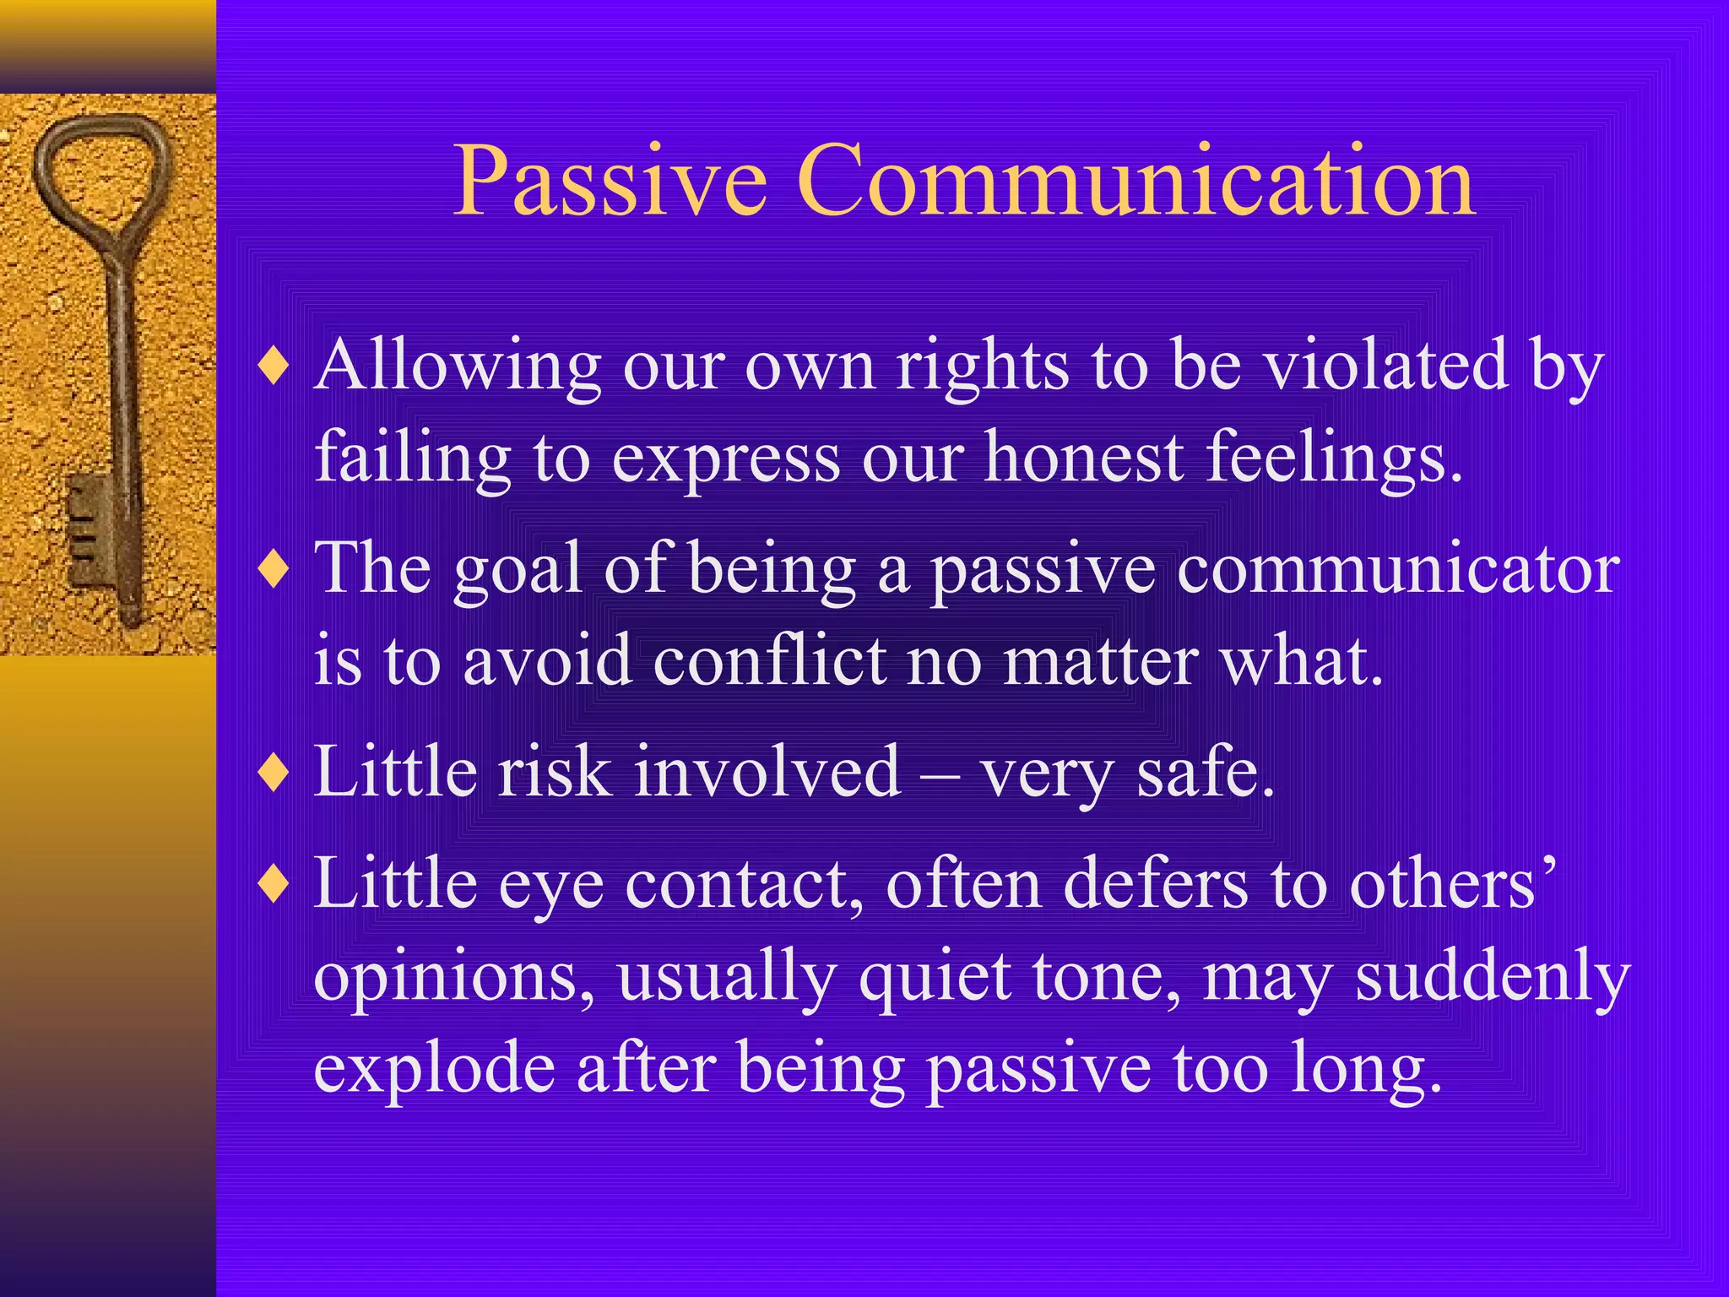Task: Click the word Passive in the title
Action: tap(610, 182)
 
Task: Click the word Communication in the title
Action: tap(1136, 182)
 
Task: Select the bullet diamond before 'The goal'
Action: tap(274, 569)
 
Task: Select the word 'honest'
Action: tap(1084, 458)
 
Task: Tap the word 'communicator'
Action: tap(1398, 571)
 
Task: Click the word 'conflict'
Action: tap(769, 660)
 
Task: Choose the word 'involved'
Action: tap(767, 773)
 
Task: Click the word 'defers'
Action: tap(1155, 885)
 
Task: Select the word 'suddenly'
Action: tap(1492, 978)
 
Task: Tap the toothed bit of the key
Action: tap(89, 532)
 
